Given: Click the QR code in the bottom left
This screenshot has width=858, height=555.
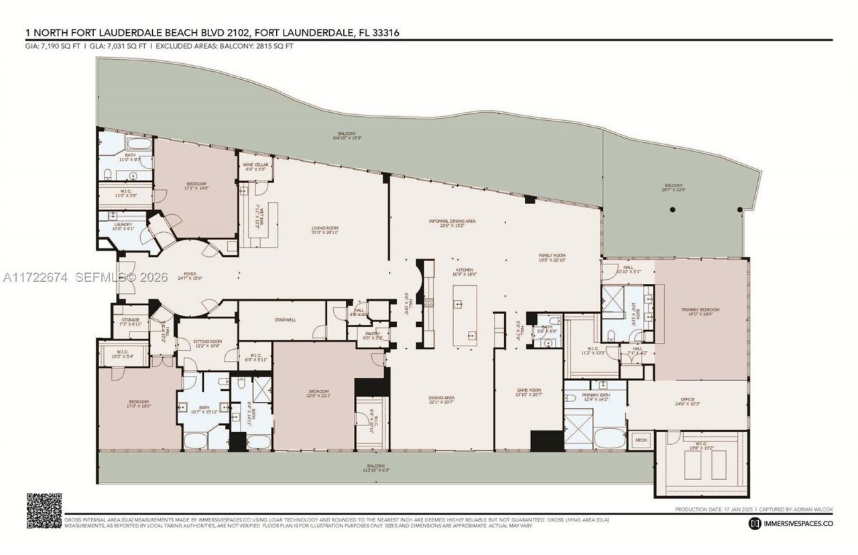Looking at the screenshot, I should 44,510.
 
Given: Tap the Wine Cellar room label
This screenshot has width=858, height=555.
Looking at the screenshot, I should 252,166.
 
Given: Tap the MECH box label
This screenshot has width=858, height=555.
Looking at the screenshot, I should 641,440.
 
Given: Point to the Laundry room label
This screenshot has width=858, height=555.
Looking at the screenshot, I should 122,226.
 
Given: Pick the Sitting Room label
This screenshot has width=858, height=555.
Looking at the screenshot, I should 206,344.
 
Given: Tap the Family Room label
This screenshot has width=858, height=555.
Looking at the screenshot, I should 553,258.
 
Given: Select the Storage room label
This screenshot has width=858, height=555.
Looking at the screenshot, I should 130,321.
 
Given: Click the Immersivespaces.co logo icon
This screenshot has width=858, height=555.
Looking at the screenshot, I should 755,523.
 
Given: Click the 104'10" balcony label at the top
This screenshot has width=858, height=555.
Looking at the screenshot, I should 347,136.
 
